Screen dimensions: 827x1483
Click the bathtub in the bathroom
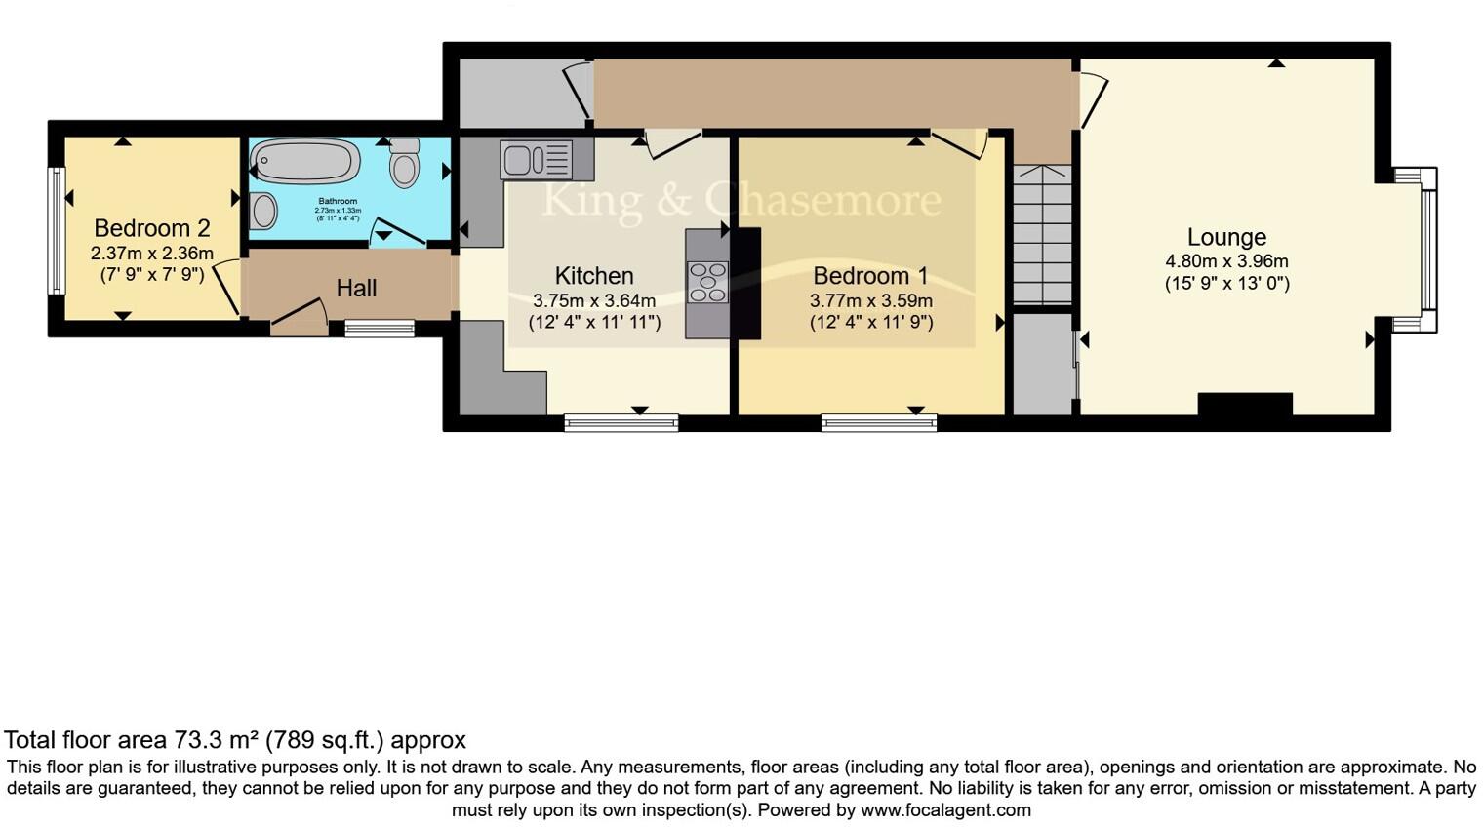click(304, 161)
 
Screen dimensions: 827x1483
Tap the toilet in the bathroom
click(404, 164)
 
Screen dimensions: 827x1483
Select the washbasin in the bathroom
click(263, 210)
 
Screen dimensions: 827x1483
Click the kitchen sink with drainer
click(536, 160)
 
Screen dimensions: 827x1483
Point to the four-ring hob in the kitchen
click(707, 282)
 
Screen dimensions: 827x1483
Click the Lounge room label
click(1226, 237)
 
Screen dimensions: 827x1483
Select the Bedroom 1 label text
click(870, 276)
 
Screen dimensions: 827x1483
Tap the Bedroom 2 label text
click(151, 228)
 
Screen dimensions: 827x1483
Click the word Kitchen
click(594, 276)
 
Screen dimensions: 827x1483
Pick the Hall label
click(356, 289)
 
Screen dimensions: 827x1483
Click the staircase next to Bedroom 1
click(1042, 234)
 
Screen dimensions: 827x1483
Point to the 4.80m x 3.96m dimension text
click(1226, 261)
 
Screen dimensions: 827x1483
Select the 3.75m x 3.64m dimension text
click(594, 300)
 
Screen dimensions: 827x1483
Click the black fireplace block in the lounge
click(1244, 404)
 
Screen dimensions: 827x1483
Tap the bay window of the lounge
click(1427, 249)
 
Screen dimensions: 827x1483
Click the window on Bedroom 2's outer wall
click(57, 230)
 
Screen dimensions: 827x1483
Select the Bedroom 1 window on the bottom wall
click(878, 422)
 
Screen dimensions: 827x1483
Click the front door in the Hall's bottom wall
click(300, 322)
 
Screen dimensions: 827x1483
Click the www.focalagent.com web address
click(945, 810)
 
